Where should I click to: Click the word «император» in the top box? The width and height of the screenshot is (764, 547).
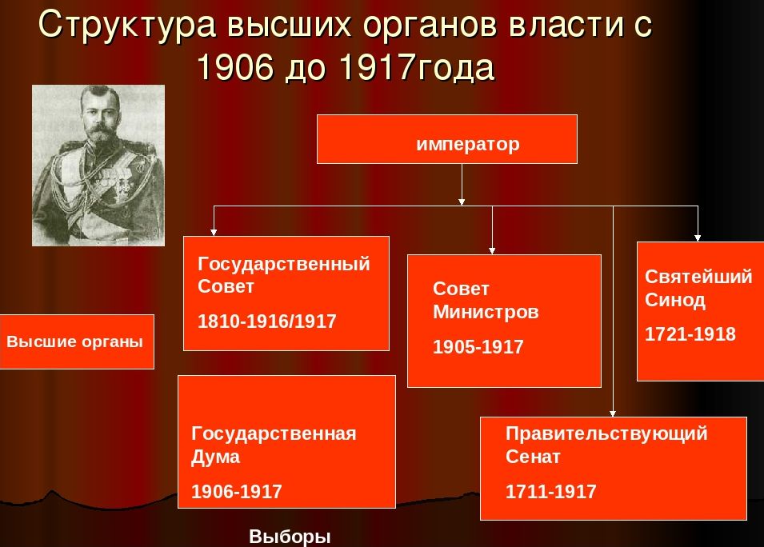(468, 145)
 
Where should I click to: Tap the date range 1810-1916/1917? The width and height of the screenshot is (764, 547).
(267, 321)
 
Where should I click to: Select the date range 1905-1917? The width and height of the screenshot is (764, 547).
(478, 347)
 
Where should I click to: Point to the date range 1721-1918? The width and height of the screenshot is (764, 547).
(690, 334)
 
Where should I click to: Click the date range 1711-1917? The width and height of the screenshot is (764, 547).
(550, 492)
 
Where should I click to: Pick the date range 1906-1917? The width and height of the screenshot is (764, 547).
(237, 492)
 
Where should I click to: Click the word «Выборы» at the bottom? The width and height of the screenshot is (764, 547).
(290, 537)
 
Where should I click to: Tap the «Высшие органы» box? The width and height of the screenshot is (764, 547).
(77, 341)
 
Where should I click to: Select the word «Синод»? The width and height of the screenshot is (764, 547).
(675, 300)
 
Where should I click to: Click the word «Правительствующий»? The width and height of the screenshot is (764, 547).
(606, 433)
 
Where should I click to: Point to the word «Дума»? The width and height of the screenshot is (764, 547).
(215, 457)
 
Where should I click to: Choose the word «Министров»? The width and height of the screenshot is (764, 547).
(486, 312)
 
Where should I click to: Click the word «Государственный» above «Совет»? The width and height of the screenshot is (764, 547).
(283, 265)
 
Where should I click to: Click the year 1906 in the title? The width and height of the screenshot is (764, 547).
(235, 67)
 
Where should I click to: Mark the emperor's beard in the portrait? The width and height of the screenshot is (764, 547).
(99, 134)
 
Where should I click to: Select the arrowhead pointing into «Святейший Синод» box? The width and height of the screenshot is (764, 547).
(698, 238)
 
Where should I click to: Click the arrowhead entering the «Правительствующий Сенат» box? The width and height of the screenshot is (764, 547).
(613, 413)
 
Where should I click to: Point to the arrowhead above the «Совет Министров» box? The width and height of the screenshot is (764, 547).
(492, 251)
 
